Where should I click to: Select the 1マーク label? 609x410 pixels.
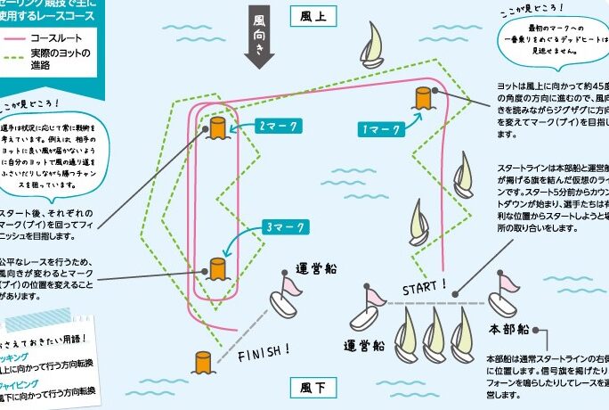tap(382, 129)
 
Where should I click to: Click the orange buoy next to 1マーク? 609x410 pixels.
tap(423, 100)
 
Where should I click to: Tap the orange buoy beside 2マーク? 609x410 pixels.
tap(217, 127)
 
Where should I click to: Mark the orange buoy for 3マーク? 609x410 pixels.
tap(217, 267)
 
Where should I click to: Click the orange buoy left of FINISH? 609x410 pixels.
tap(204, 362)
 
